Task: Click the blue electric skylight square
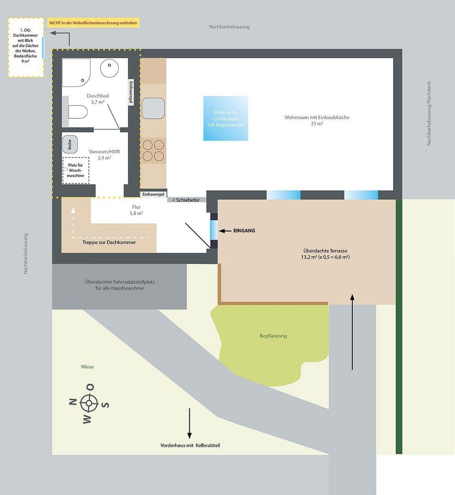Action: (x=225, y=118)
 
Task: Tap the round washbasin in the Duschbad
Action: (x=110, y=68)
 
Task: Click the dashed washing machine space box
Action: (x=76, y=170)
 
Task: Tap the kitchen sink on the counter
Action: (x=153, y=109)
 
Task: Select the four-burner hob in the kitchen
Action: (x=153, y=150)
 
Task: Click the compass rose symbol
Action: (x=89, y=403)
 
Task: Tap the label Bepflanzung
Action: (x=273, y=336)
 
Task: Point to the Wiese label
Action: (x=87, y=367)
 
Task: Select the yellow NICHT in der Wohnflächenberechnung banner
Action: (x=93, y=22)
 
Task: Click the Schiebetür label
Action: (x=186, y=200)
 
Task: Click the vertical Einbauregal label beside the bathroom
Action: (x=131, y=93)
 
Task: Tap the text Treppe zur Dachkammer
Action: (x=109, y=242)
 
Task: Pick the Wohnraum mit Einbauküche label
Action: (x=317, y=120)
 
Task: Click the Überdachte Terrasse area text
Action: (x=326, y=254)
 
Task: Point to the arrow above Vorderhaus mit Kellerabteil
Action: (x=189, y=423)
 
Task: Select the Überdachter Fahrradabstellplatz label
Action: (x=120, y=285)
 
